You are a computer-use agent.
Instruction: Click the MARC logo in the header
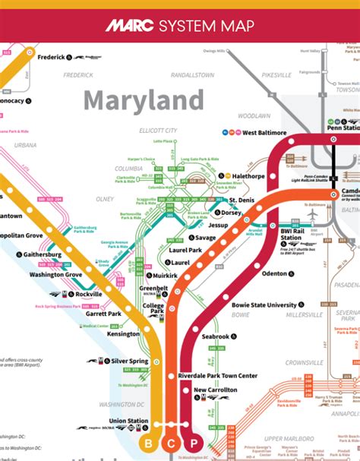pyautogui.click(x=128, y=27)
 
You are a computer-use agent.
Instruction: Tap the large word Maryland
pyautogui.click(x=144, y=100)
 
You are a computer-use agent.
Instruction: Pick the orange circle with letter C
pyautogui.click(x=172, y=443)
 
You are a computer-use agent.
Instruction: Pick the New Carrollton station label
pyautogui.click(x=216, y=390)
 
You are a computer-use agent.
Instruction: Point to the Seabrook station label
pyautogui.click(x=216, y=336)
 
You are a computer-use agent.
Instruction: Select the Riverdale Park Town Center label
pyautogui.click(x=218, y=376)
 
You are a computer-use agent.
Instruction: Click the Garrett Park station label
pyautogui.click(x=103, y=314)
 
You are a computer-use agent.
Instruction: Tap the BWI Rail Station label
pyautogui.click(x=290, y=234)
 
